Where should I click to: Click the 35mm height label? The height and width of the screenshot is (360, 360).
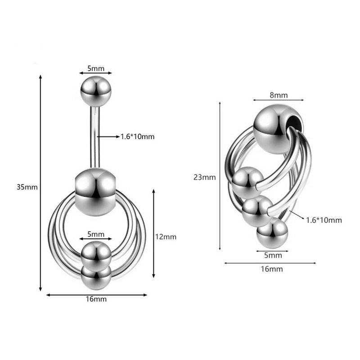pyautogui.click(x=27, y=187)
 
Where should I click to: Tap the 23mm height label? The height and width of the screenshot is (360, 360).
pyautogui.click(x=205, y=177)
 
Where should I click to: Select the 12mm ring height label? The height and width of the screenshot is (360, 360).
pyautogui.click(x=166, y=237)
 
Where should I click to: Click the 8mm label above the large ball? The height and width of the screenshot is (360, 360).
pyautogui.click(x=279, y=95)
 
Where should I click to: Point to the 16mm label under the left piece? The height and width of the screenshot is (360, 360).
pyautogui.click(x=96, y=299)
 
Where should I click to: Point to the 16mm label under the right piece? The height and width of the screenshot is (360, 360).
pyautogui.click(x=272, y=269)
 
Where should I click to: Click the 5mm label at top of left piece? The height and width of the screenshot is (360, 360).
pyautogui.click(x=96, y=68)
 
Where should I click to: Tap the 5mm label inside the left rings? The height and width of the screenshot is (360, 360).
pyautogui.click(x=96, y=234)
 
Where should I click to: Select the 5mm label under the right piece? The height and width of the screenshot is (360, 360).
pyautogui.click(x=273, y=255)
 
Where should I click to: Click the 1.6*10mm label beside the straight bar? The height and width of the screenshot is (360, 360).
pyautogui.click(x=138, y=137)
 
